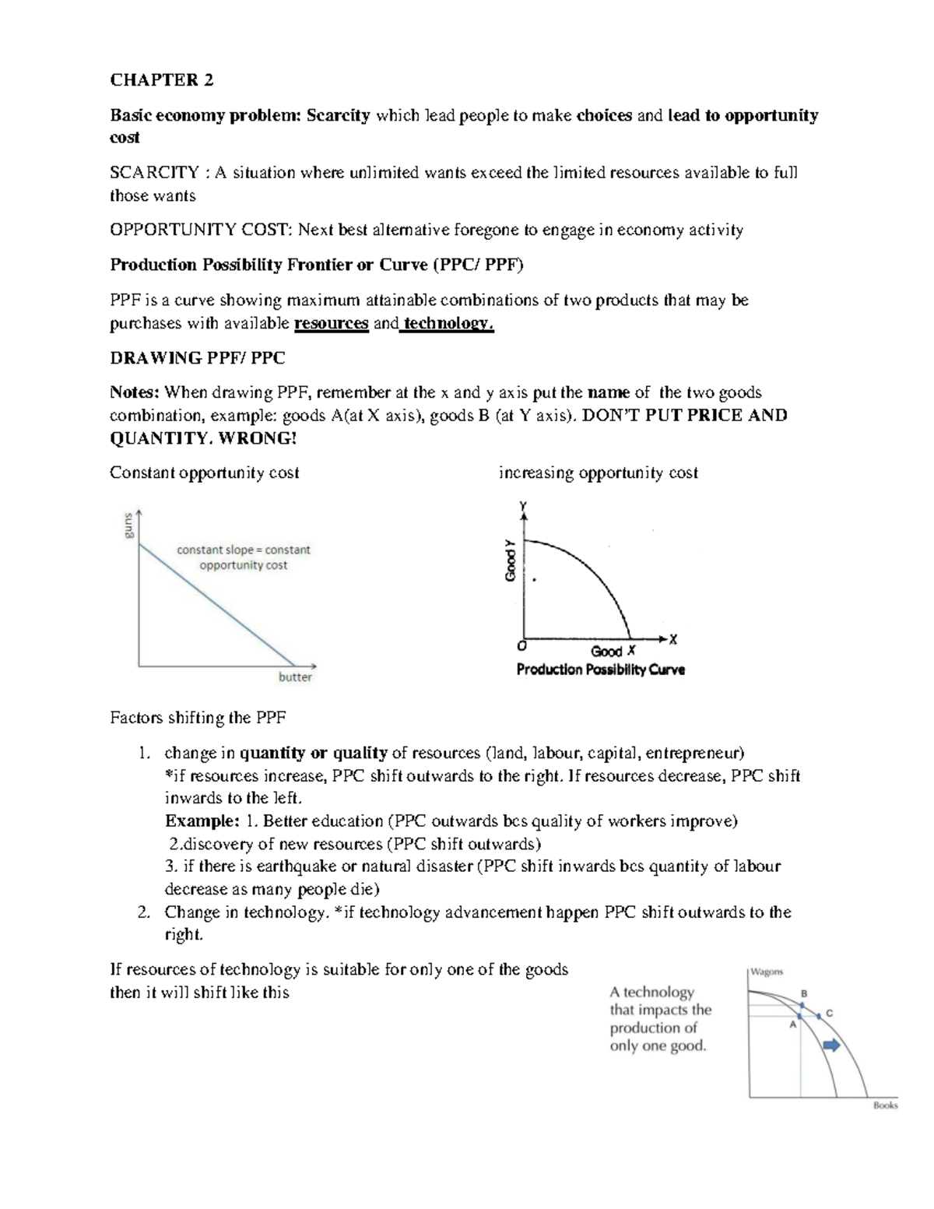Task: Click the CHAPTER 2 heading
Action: pos(161,80)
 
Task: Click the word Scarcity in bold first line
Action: pos(338,116)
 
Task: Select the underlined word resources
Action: pos(330,324)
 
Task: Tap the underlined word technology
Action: pos(448,324)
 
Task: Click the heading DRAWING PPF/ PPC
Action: pos(197,358)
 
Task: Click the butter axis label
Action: pos(295,677)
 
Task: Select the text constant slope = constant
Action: pos(243,550)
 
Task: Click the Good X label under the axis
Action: pos(613,652)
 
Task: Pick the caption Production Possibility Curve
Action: pos(600,670)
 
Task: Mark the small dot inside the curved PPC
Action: pos(534,579)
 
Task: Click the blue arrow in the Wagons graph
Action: pos(832,1046)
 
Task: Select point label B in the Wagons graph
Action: pos(804,993)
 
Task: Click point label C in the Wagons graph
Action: pos(829,1014)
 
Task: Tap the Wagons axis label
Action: pos(767,972)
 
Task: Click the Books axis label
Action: pos(885,1105)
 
